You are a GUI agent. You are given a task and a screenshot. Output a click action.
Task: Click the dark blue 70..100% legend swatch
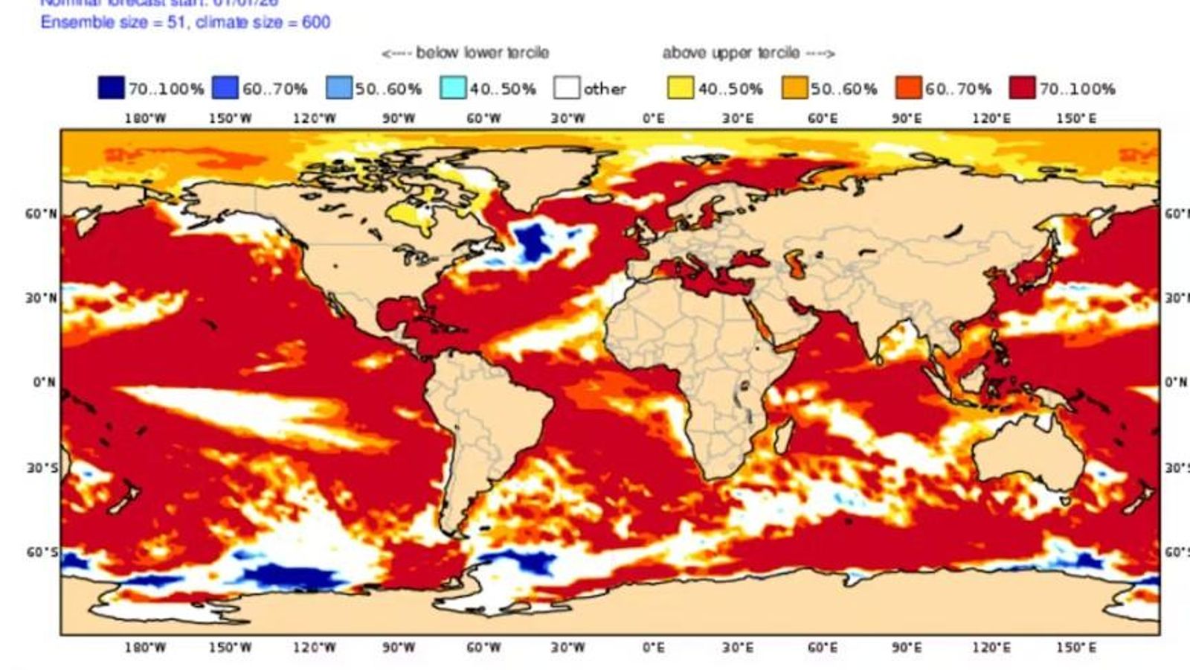(x=111, y=88)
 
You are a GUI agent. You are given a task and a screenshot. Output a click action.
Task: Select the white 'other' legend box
(x=566, y=88)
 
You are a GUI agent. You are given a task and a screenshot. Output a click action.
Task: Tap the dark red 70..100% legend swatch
(x=1022, y=88)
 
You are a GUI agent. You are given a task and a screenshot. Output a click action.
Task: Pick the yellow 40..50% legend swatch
(x=680, y=88)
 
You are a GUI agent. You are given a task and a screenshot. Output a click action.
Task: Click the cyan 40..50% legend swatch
(x=452, y=88)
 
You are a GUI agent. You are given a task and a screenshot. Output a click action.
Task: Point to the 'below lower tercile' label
(x=466, y=53)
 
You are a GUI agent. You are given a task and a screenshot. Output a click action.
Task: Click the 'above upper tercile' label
(x=748, y=53)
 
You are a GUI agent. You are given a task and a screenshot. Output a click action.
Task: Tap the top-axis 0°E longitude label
(x=653, y=118)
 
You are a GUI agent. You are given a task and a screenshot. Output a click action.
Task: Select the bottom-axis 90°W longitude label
(x=399, y=648)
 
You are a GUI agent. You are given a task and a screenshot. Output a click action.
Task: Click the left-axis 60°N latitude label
(x=40, y=214)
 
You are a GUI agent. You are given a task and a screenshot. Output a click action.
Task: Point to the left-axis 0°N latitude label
(x=43, y=383)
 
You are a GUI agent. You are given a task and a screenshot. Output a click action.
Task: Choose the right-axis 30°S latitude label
(x=1176, y=468)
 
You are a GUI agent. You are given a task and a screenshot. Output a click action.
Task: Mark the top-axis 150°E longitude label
(x=1075, y=118)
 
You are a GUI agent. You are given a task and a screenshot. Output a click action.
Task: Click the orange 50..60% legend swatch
(x=794, y=88)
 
